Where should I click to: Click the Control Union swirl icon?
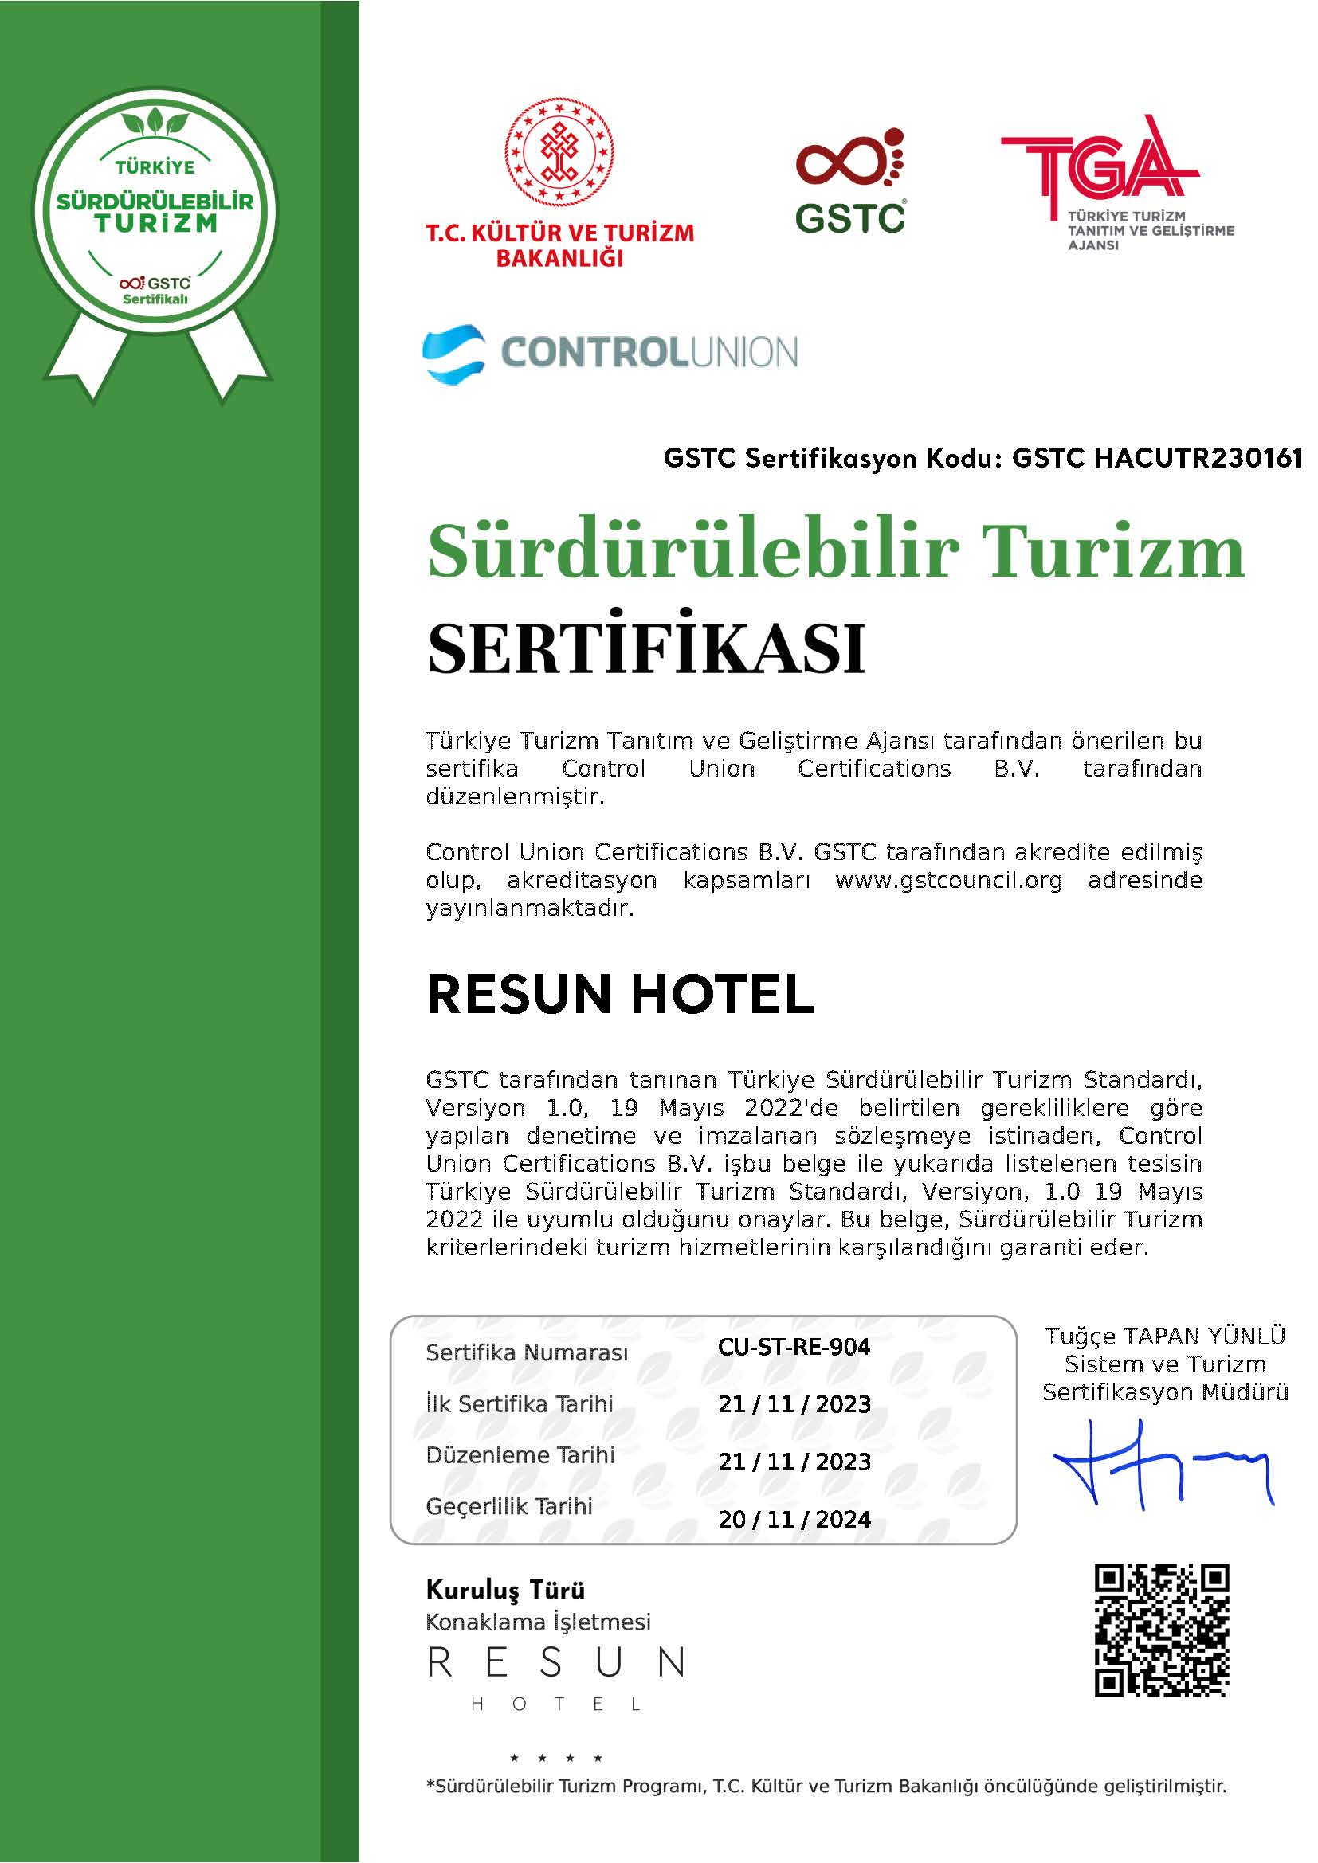453,353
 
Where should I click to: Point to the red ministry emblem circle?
559,152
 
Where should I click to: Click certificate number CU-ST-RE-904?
793,1347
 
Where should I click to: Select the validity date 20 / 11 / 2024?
794,1519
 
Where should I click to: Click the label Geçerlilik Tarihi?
509,1506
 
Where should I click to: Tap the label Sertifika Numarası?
527,1352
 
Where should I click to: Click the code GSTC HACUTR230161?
1157,459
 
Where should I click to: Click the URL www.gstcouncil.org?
948,880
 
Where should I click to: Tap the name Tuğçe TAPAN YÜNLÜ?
1165,1336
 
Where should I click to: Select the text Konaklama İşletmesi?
538,1622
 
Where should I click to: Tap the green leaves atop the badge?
155,123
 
